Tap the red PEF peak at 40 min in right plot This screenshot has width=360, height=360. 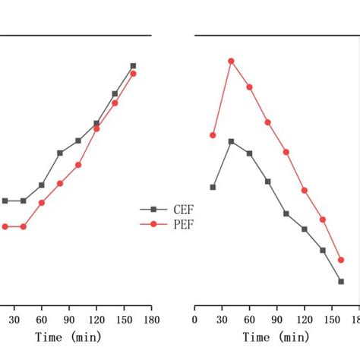[x=232, y=61]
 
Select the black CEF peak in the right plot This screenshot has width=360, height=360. [x=232, y=141]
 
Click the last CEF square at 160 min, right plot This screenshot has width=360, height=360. [x=341, y=281]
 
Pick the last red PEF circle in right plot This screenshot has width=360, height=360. [x=341, y=260]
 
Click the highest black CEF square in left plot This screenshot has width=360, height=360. [x=133, y=66]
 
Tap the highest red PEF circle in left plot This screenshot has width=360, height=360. [x=133, y=74]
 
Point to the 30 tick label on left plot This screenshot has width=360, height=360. [x=14, y=320]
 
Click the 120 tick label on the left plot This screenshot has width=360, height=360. [x=96, y=320]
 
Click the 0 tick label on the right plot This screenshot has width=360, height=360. [x=195, y=320]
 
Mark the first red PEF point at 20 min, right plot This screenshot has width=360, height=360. [x=213, y=135]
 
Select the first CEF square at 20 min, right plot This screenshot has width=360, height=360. [x=213, y=187]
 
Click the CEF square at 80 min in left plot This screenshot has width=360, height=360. [x=60, y=153]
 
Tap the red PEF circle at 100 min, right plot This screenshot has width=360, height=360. [x=286, y=152]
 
